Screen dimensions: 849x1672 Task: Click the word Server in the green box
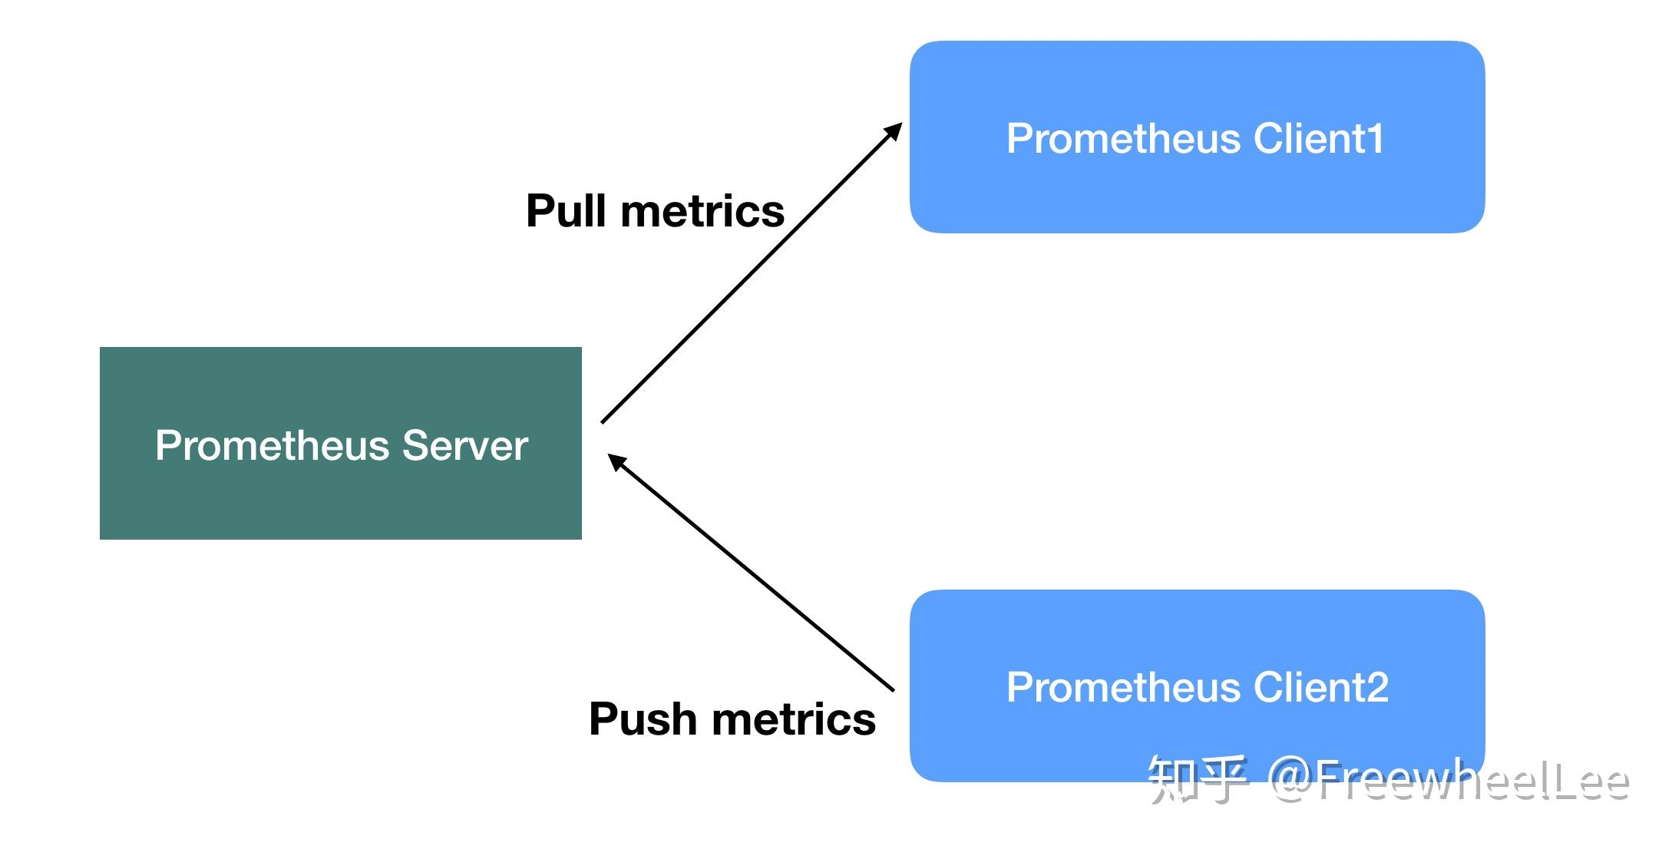pos(464,445)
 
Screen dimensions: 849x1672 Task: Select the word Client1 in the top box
pos(1319,139)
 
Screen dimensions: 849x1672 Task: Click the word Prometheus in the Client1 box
pos(1124,139)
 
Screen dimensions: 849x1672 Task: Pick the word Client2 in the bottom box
pos(1320,687)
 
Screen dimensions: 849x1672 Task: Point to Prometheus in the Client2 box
pos(1124,687)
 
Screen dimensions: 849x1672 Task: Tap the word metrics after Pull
pos(702,212)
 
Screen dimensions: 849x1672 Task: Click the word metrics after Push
pos(794,720)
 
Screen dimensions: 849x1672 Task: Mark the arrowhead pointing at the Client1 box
pos(894,130)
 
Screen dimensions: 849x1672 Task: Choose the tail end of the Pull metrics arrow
pos(603,421)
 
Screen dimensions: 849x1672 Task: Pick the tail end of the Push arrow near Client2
pos(892,689)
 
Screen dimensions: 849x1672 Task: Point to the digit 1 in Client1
pos(1376,139)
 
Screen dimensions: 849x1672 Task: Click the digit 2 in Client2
pos(1376,687)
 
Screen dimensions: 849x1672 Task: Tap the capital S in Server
pos(415,445)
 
